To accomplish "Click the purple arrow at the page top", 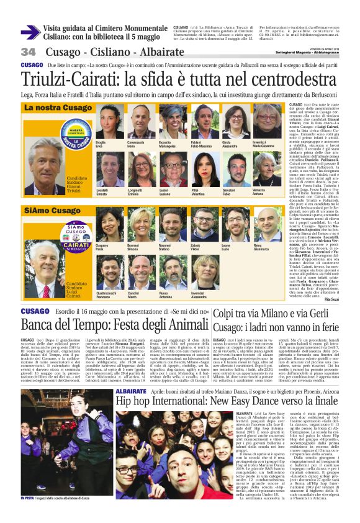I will (30, 31).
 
